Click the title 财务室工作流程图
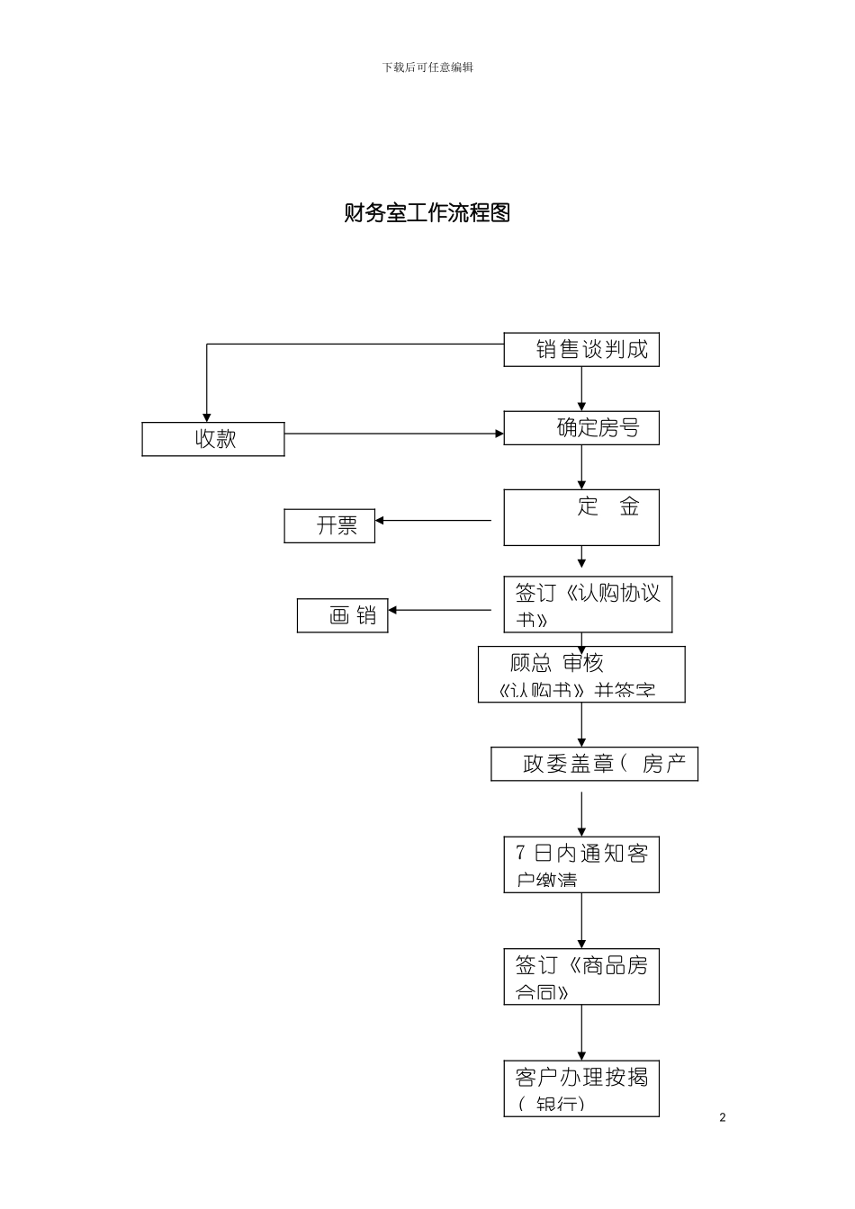[427, 213]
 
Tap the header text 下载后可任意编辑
[427, 67]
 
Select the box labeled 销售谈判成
[581, 350]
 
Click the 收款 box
[213, 439]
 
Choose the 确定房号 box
[581, 428]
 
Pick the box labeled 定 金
[581, 517]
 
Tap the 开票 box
[329, 526]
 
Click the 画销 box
[343, 616]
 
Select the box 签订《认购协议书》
[588, 604]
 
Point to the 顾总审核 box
[581, 675]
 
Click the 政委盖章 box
[594, 764]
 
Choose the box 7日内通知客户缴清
[581, 864]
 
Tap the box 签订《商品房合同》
[581, 976]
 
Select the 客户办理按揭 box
[581, 1088]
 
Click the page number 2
[723, 1117]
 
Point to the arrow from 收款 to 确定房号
[394, 434]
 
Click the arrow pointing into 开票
[433, 520]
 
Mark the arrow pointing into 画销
[440, 610]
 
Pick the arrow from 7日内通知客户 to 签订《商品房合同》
[581, 920]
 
